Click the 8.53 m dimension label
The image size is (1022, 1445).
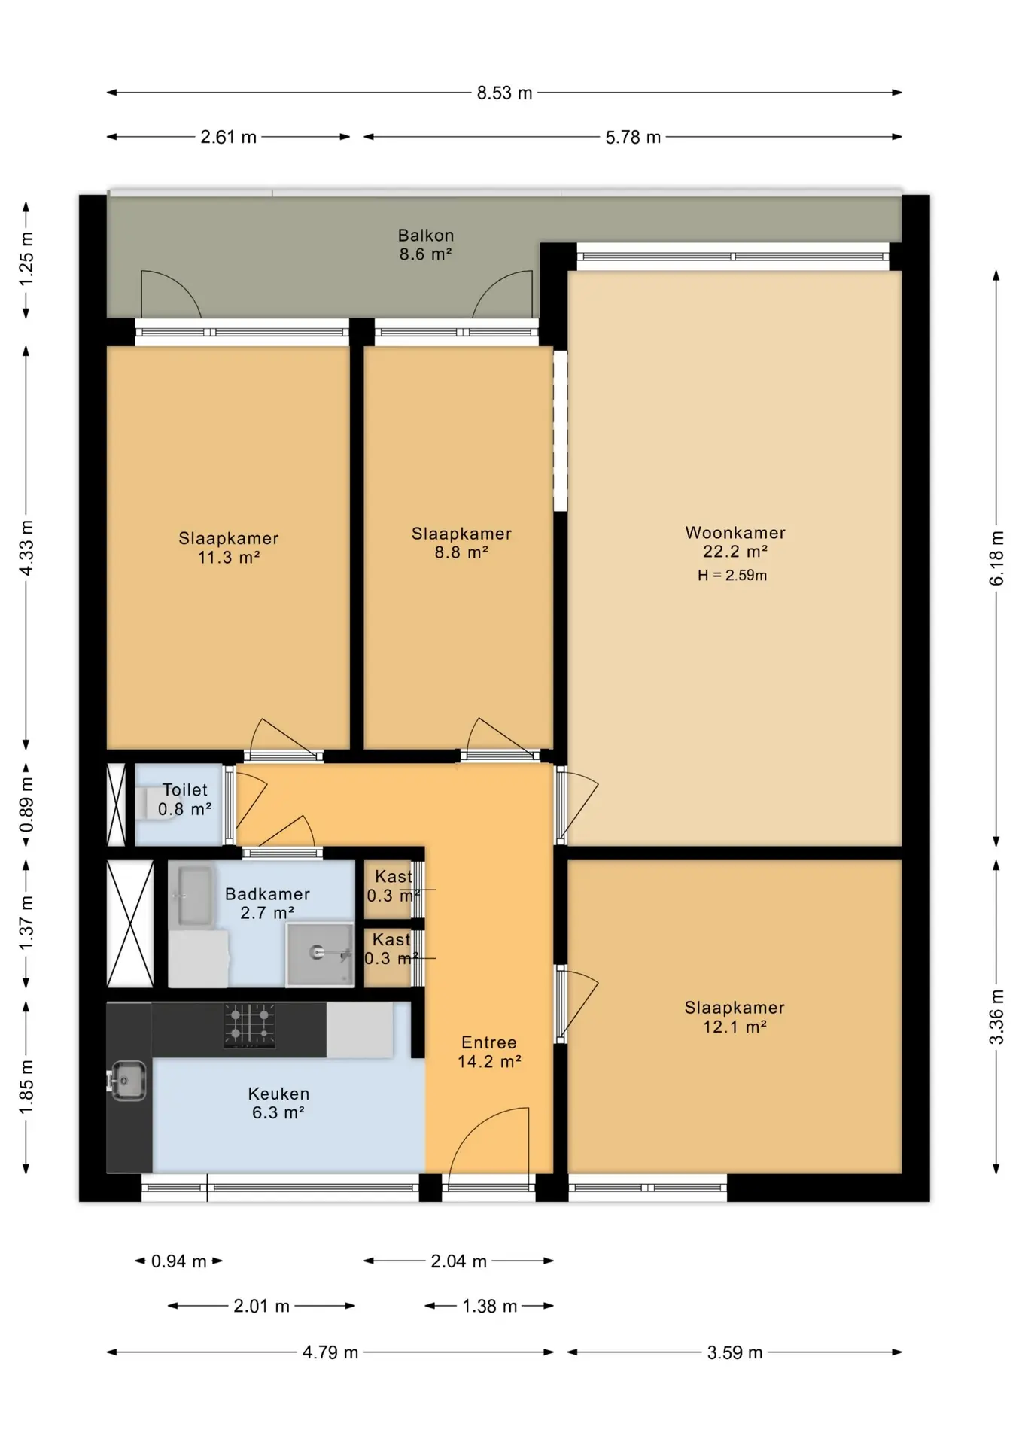coord(504,93)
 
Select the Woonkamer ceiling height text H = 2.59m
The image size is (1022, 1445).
coord(732,576)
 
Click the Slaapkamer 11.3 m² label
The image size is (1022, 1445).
coord(229,548)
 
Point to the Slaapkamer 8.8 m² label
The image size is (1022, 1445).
coord(461,543)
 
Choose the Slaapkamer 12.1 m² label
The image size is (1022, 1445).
coord(735,1017)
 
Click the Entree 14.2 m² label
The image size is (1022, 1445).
coord(489,1051)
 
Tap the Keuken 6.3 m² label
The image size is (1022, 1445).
coord(278,1103)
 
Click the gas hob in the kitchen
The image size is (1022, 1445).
coord(250,1025)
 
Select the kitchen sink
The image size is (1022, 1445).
coord(128,1081)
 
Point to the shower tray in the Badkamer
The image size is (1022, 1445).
coord(320,954)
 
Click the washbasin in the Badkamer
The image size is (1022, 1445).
coord(193,896)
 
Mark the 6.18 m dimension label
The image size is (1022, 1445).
coord(996,558)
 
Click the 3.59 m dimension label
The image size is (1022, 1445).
coord(735,1352)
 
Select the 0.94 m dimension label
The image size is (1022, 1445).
coord(179,1261)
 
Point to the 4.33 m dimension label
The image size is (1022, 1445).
coord(26,548)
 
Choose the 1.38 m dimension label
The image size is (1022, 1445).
coord(489,1307)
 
